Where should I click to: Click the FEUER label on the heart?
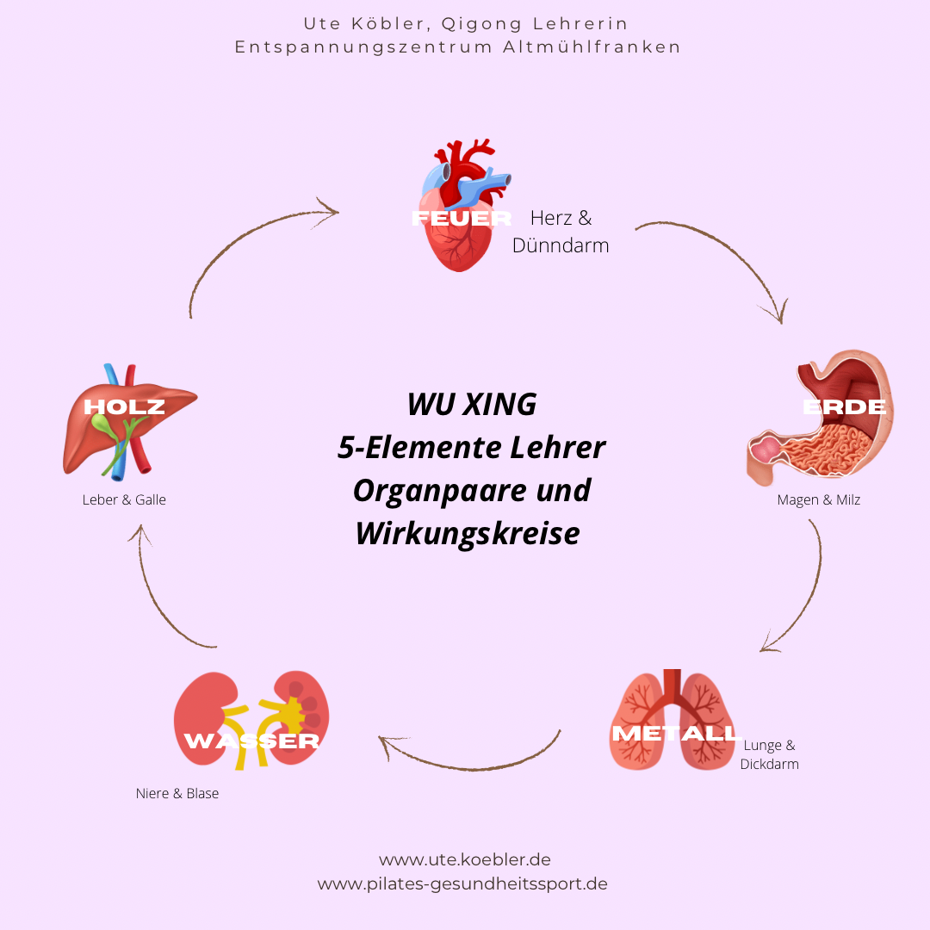[462, 218]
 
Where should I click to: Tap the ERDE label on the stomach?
[844, 407]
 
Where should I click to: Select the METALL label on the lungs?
[675, 734]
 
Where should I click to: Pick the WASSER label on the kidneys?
[251, 741]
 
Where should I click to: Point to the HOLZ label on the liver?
[124, 407]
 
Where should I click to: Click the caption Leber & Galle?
[124, 499]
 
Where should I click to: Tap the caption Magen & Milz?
[818, 499]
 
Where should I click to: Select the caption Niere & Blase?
[177, 793]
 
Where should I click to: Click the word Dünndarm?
[561, 245]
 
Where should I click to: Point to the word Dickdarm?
[769, 764]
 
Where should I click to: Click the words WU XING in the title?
[471, 404]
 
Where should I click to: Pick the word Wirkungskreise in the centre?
[468, 533]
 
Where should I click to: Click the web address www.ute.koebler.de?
[465, 859]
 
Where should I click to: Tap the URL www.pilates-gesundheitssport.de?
[462, 883]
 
